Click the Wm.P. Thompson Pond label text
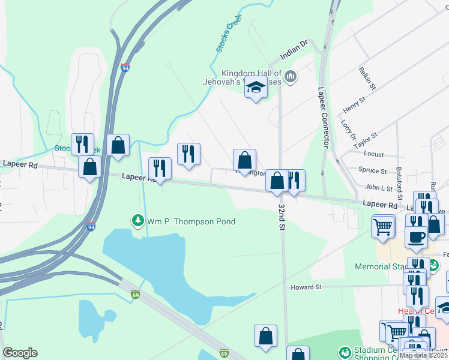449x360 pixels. point(191,221)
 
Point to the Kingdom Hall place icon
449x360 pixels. point(291,76)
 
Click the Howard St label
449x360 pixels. point(307,287)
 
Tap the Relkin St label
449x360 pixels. point(367,79)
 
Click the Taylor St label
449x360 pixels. point(366,141)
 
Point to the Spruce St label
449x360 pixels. point(372,170)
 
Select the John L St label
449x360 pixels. point(378,188)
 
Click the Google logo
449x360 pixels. point(20,353)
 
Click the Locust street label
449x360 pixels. point(374,154)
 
